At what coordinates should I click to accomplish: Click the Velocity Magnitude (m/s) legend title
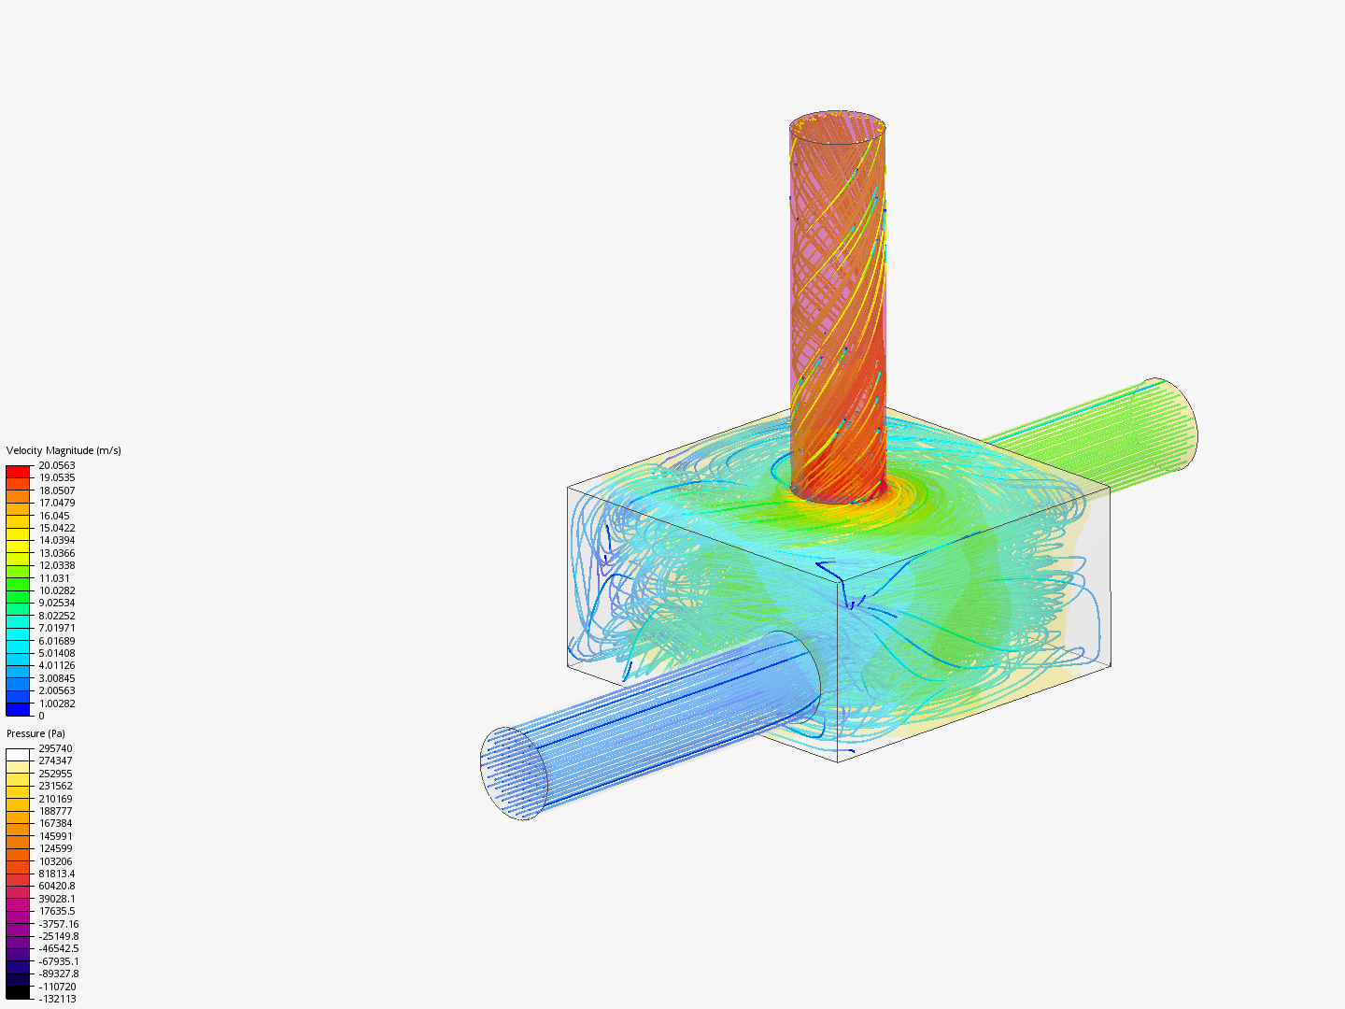click(64, 450)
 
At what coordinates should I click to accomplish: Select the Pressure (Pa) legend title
click(35, 733)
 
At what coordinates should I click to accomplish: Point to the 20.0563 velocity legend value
click(56, 465)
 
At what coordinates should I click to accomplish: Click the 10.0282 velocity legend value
click(56, 590)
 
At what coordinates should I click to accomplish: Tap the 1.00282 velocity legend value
click(56, 703)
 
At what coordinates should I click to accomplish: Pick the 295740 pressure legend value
click(55, 748)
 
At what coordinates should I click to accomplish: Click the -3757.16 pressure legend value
click(58, 924)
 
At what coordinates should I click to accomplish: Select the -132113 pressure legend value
click(57, 999)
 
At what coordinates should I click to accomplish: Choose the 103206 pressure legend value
click(55, 861)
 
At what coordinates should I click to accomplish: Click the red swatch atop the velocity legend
click(18, 471)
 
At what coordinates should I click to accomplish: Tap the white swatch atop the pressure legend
click(18, 754)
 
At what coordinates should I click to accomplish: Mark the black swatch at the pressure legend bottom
click(18, 992)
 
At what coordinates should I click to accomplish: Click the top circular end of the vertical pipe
click(837, 125)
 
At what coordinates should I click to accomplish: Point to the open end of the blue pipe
click(514, 774)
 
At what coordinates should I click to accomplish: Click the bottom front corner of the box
click(837, 761)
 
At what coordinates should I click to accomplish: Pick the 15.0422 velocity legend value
click(56, 528)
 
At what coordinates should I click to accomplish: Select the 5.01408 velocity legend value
click(56, 653)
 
